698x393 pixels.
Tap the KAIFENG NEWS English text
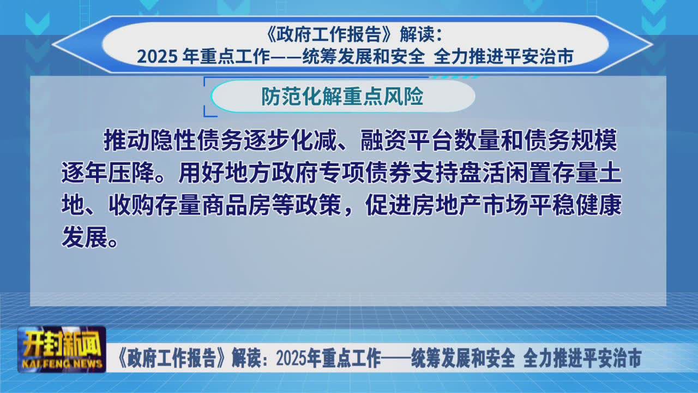click(62, 364)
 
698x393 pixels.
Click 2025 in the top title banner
click(158, 57)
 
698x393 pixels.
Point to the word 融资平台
click(407, 140)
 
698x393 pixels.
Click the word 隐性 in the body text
click(173, 140)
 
